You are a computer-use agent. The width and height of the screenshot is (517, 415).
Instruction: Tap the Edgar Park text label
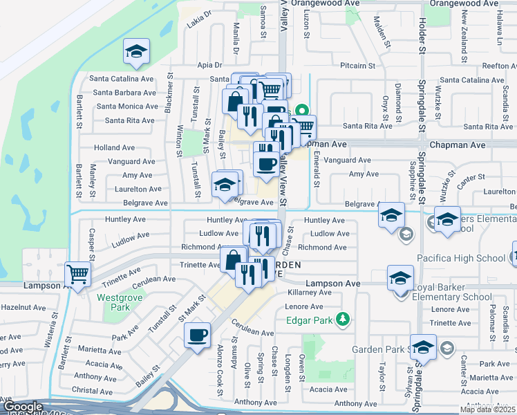[308, 320]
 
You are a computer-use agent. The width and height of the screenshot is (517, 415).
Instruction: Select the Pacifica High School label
[461, 259]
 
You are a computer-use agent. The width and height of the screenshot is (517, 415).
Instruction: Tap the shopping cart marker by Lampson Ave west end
[78, 273]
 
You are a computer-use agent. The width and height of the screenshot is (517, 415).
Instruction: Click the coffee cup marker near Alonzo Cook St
[198, 335]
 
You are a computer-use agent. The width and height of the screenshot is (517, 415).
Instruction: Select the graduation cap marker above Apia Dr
[137, 51]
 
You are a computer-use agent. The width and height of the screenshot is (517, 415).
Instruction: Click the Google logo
[22, 407]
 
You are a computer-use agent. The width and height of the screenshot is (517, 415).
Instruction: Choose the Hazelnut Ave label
[23, 306]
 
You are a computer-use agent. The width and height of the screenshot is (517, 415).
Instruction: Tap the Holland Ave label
[114, 147]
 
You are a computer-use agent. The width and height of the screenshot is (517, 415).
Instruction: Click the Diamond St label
[398, 98]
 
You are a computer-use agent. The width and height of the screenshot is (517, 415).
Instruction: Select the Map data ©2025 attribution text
[488, 409]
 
